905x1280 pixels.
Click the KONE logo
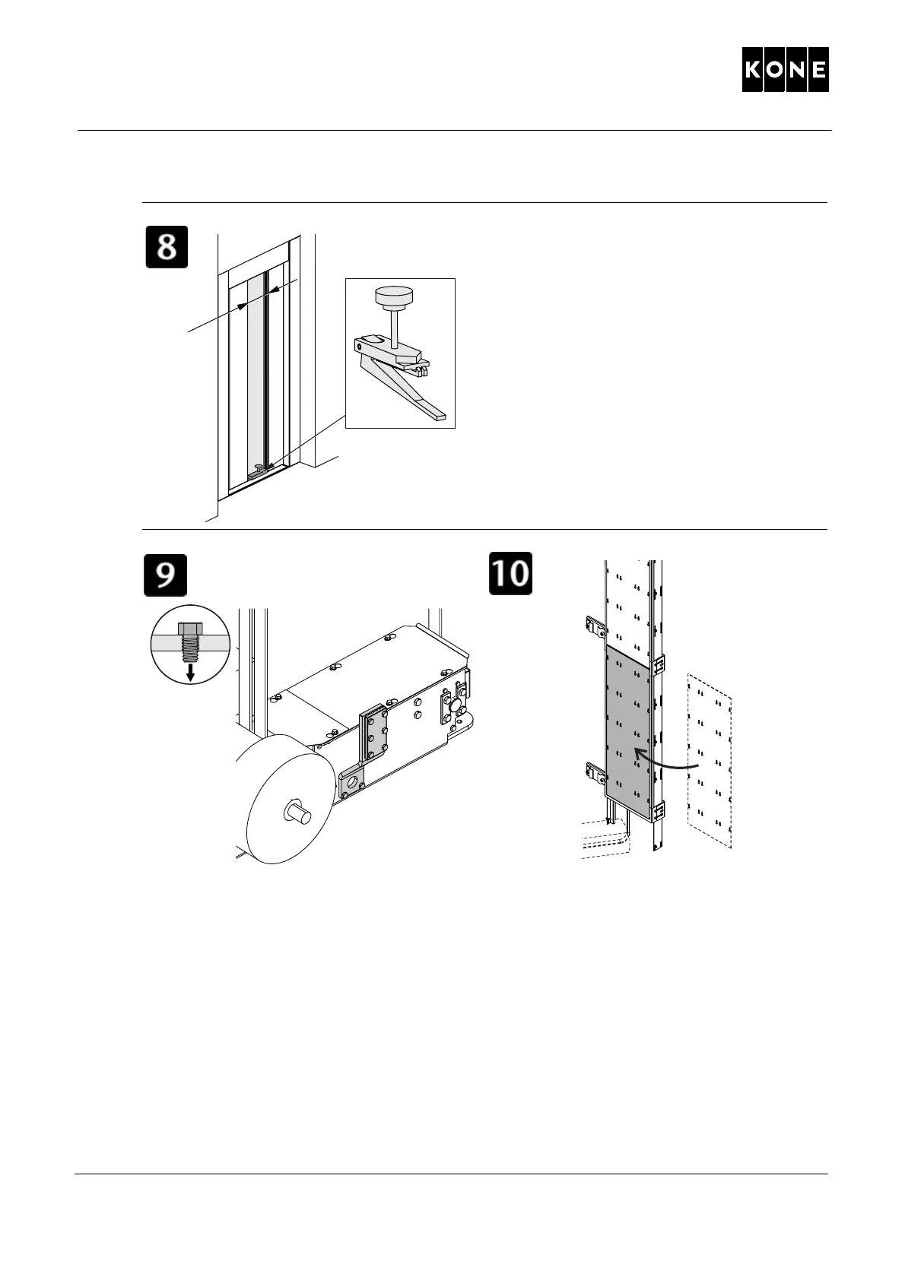click(x=785, y=70)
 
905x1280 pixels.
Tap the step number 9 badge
click(x=166, y=575)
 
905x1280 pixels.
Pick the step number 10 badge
click(x=510, y=573)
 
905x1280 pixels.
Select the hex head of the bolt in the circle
click(x=190, y=629)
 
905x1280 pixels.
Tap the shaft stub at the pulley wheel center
click(x=298, y=813)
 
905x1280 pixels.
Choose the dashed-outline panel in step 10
click(x=710, y=760)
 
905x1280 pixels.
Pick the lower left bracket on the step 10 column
click(x=594, y=773)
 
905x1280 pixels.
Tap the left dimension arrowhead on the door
click(x=242, y=306)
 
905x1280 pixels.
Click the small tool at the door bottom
click(x=258, y=471)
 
